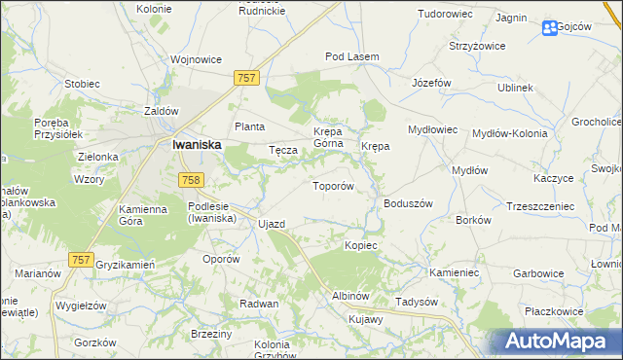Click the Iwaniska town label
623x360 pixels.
coord(196,144)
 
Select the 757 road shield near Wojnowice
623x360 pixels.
coord(247,76)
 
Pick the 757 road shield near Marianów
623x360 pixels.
coord(82,259)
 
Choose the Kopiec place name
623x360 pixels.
coord(360,245)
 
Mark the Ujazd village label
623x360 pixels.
coord(272,225)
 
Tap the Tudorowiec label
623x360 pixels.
coord(444,15)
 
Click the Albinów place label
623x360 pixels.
coord(349,296)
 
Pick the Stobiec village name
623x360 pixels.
coord(82,84)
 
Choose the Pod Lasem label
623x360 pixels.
coord(351,57)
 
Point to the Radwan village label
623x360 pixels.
coord(260,304)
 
